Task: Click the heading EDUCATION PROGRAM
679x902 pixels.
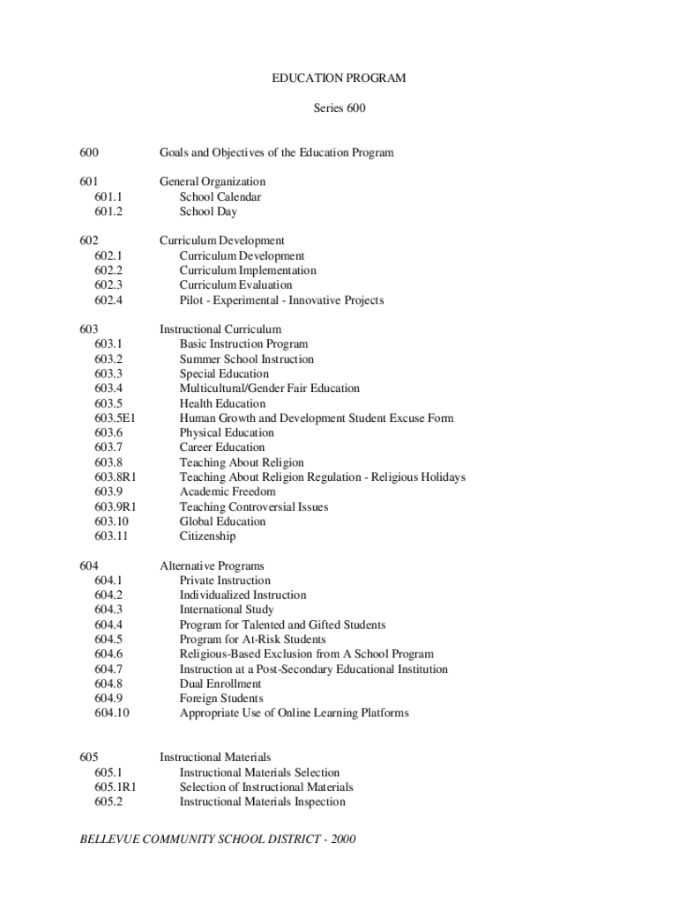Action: [339, 78]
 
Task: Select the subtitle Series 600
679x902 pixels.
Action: [339, 108]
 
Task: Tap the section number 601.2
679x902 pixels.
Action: [108, 211]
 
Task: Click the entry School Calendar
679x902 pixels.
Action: [220, 196]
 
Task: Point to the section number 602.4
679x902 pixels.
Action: [108, 300]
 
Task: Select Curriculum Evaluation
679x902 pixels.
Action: [235, 285]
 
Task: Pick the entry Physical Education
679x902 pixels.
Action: [227, 433]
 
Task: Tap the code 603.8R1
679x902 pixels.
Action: [115, 477]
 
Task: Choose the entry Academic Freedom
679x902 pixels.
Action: [228, 492]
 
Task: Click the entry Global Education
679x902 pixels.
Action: [222, 521]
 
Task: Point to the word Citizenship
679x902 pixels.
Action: [207, 536]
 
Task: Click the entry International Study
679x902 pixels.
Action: [227, 610]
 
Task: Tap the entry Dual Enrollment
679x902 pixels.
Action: [220, 684]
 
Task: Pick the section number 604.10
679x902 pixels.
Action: [111, 713]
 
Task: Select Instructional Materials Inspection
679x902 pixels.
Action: [262, 802]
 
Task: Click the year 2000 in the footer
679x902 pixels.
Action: [340, 839]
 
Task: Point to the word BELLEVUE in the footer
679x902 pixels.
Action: [109, 839]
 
